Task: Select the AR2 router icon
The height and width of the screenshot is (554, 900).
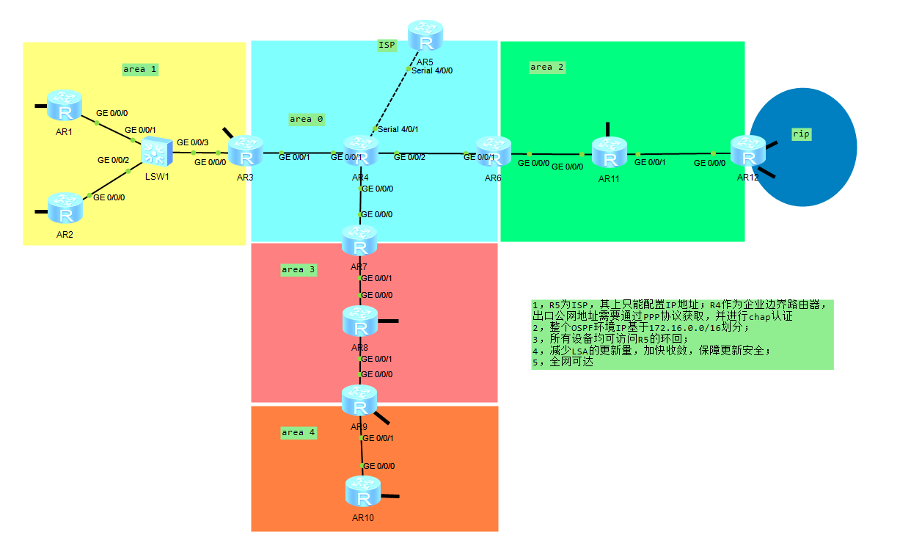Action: click(66, 209)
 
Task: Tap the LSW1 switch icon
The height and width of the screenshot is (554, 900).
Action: click(156, 151)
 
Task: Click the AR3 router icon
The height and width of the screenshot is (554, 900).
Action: click(246, 151)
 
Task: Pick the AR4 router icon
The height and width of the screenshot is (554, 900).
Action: click(360, 151)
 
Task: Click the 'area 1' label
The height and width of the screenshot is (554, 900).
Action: click(140, 70)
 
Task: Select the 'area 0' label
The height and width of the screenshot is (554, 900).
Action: click(307, 119)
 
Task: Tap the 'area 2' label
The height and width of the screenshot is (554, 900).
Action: click(547, 68)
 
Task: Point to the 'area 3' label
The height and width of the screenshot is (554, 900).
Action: click(299, 270)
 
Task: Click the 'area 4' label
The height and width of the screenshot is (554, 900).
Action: click(299, 433)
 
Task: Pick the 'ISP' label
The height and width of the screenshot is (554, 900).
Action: click(387, 45)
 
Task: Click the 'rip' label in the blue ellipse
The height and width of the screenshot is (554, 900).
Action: click(801, 134)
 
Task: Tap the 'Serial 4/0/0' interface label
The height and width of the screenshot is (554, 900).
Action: click(432, 71)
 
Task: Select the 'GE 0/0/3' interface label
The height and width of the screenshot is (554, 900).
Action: click(192, 142)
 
